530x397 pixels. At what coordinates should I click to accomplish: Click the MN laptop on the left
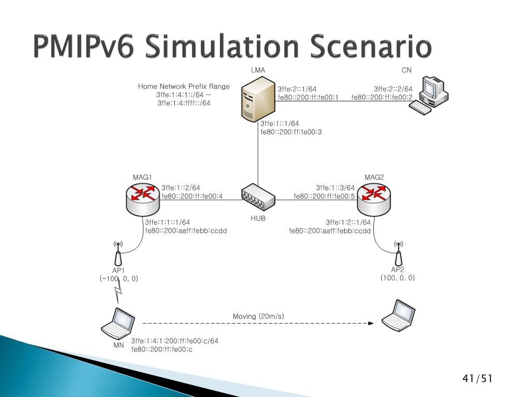[x=119, y=323]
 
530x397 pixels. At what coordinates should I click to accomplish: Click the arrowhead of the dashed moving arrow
[x=371, y=324]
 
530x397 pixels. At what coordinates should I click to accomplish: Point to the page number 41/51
[x=477, y=379]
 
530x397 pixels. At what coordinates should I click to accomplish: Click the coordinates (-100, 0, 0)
[x=119, y=278]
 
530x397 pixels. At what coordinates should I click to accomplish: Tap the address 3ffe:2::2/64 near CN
[x=393, y=89]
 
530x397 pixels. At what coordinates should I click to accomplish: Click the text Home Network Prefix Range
[x=184, y=86]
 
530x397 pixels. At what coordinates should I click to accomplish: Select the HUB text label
[x=258, y=218]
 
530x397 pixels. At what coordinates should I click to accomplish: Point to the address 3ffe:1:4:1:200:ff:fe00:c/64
[x=174, y=341]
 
